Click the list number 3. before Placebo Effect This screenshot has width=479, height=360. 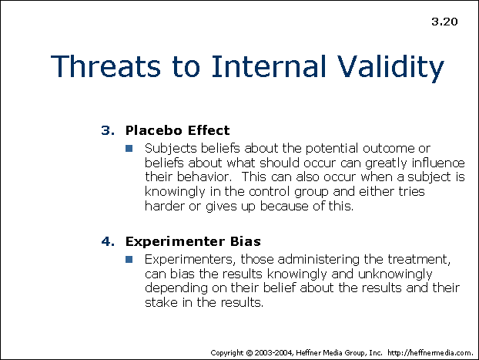click(107, 130)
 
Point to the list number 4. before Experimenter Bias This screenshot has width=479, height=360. click(107, 241)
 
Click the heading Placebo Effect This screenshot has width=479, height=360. click(177, 130)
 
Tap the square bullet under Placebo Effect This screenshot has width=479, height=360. click(130, 148)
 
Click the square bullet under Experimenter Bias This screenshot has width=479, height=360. click(130, 259)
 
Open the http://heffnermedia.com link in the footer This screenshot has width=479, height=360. click(430, 352)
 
